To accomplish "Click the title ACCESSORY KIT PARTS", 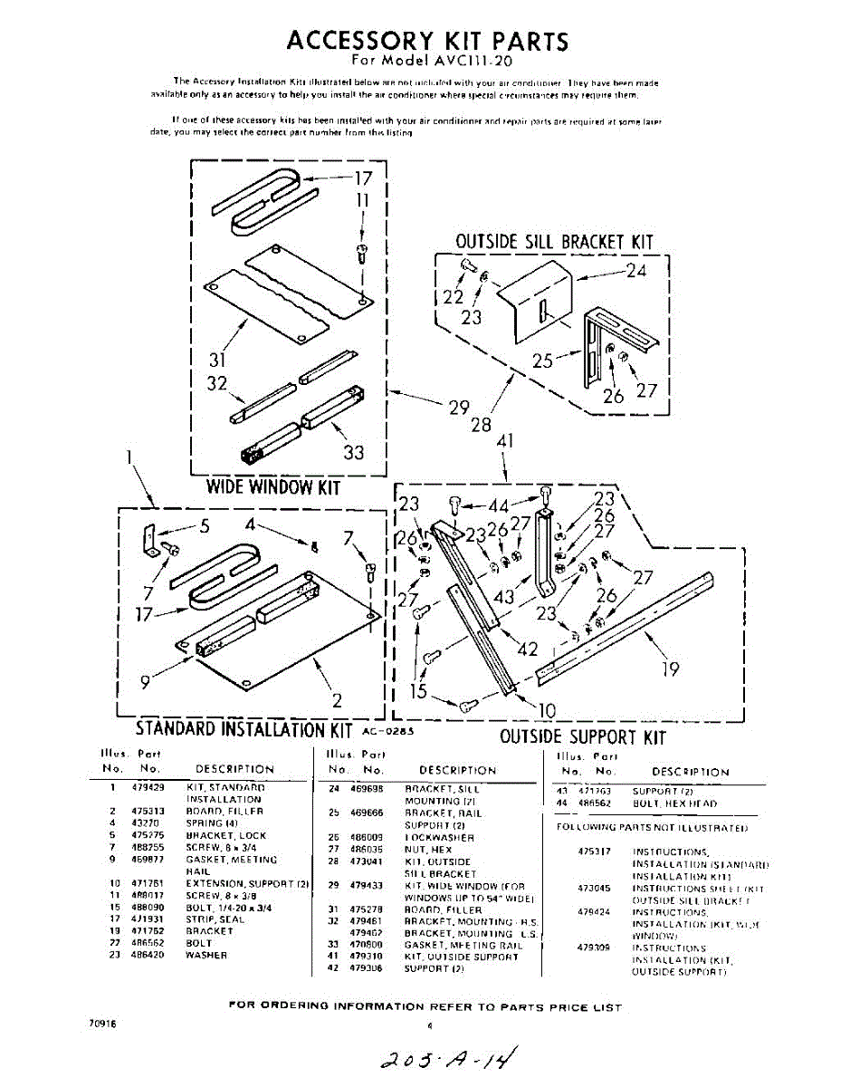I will [x=427, y=41].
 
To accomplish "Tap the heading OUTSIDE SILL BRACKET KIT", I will [x=553, y=242].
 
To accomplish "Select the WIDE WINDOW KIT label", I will [x=273, y=487].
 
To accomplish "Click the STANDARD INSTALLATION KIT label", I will [x=244, y=729].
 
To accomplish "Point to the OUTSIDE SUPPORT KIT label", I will [x=583, y=736].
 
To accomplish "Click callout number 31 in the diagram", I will [x=217, y=360].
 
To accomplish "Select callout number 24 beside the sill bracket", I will [x=636, y=270].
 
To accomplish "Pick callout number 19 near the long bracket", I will [x=670, y=669].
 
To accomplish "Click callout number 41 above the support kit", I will [x=505, y=442].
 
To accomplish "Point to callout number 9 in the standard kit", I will [x=146, y=682].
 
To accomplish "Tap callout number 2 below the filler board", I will [x=337, y=699].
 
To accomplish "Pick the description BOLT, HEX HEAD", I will [x=674, y=803].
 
